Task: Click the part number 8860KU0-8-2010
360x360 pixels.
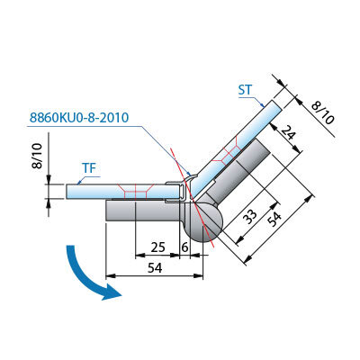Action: tap(79, 117)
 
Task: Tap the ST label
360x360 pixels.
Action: tap(246, 90)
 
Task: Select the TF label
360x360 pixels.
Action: tap(89, 168)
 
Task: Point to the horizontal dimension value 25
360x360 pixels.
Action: tap(157, 247)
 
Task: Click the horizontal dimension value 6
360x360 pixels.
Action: tap(184, 247)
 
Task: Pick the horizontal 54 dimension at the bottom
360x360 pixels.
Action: tap(155, 268)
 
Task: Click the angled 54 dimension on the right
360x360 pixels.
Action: tap(274, 220)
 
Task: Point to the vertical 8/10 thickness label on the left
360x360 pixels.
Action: tap(39, 156)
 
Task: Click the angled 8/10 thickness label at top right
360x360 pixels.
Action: tap(322, 112)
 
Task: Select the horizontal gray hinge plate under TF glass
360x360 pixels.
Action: tap(143, 211)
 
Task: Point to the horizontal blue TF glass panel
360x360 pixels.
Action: tap(122, 192)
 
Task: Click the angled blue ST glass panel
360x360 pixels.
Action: tap(237, 148)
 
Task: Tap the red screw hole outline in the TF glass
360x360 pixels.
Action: tap(136, 191)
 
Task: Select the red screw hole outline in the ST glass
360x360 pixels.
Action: tap(229, 153)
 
